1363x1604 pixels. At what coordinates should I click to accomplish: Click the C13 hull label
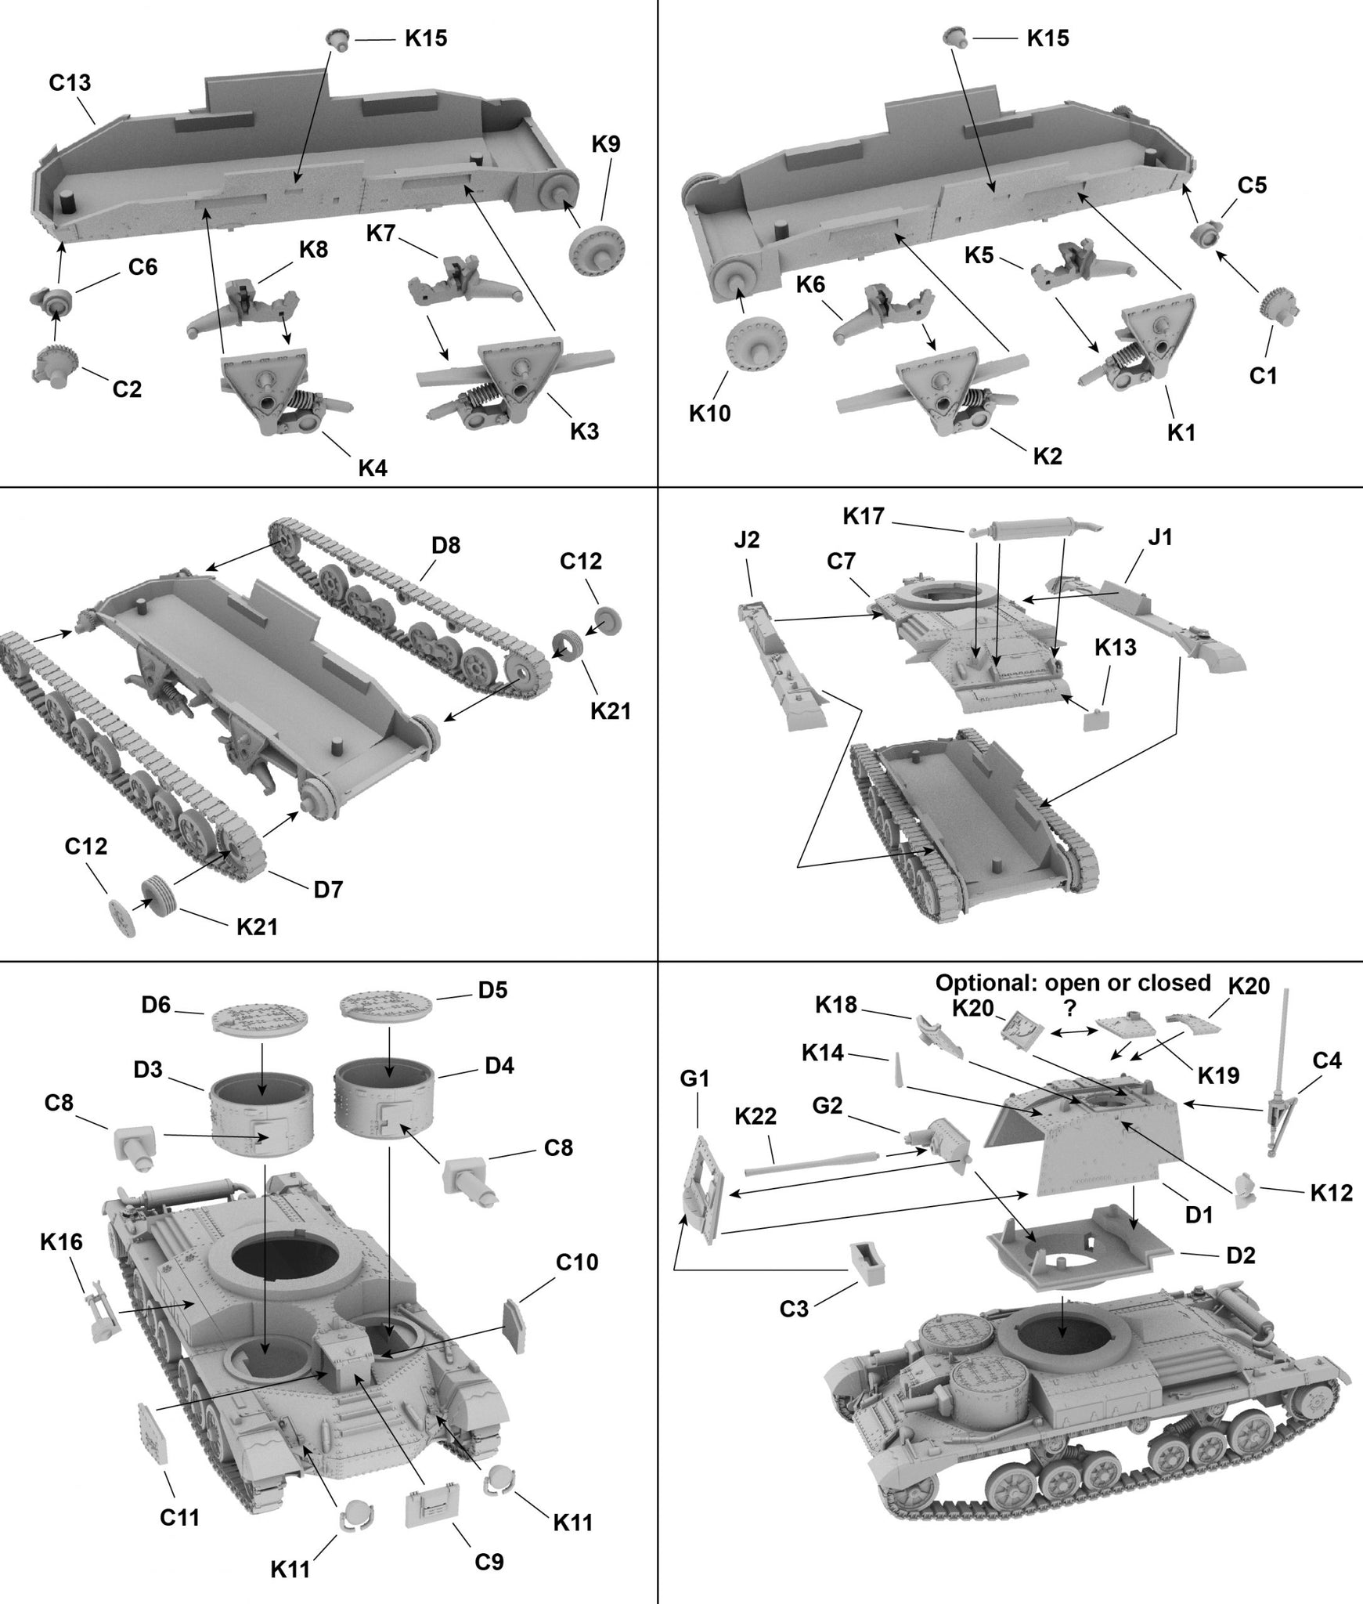(x=70, y=83)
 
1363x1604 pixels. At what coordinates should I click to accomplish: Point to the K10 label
(x=709, y=414)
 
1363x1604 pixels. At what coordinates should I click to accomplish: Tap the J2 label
(x=747, y=541)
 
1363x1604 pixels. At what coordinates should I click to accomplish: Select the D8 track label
(x=445, y=546)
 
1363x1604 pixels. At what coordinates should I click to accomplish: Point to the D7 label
(x=328, y=891)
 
